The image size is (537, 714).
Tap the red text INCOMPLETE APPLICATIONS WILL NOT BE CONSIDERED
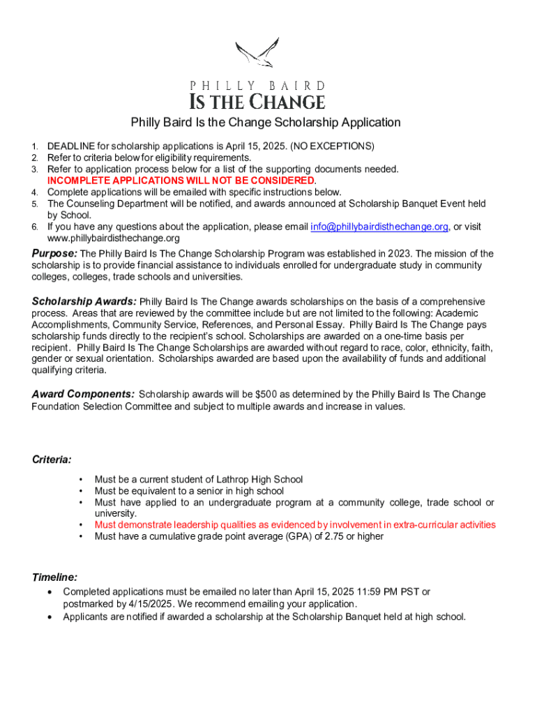click(x=181, y=181)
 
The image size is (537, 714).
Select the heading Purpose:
click(x=54, y=254)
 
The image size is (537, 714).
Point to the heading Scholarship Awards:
click(x=84, y=302)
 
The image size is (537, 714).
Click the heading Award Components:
click(x=84, y=394)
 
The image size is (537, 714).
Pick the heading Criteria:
click(x=52, y=459)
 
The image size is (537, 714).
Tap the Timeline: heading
click(x=54, y=577)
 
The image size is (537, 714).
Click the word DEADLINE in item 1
click(x=70, y=146)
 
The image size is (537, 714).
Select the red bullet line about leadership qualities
click(x=295, y=524)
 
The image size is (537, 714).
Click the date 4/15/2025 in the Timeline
click(x=136, y=604)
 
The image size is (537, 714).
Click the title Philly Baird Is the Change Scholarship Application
click(x=266, y=123)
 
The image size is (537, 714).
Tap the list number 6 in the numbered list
click(x=34, y=227)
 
